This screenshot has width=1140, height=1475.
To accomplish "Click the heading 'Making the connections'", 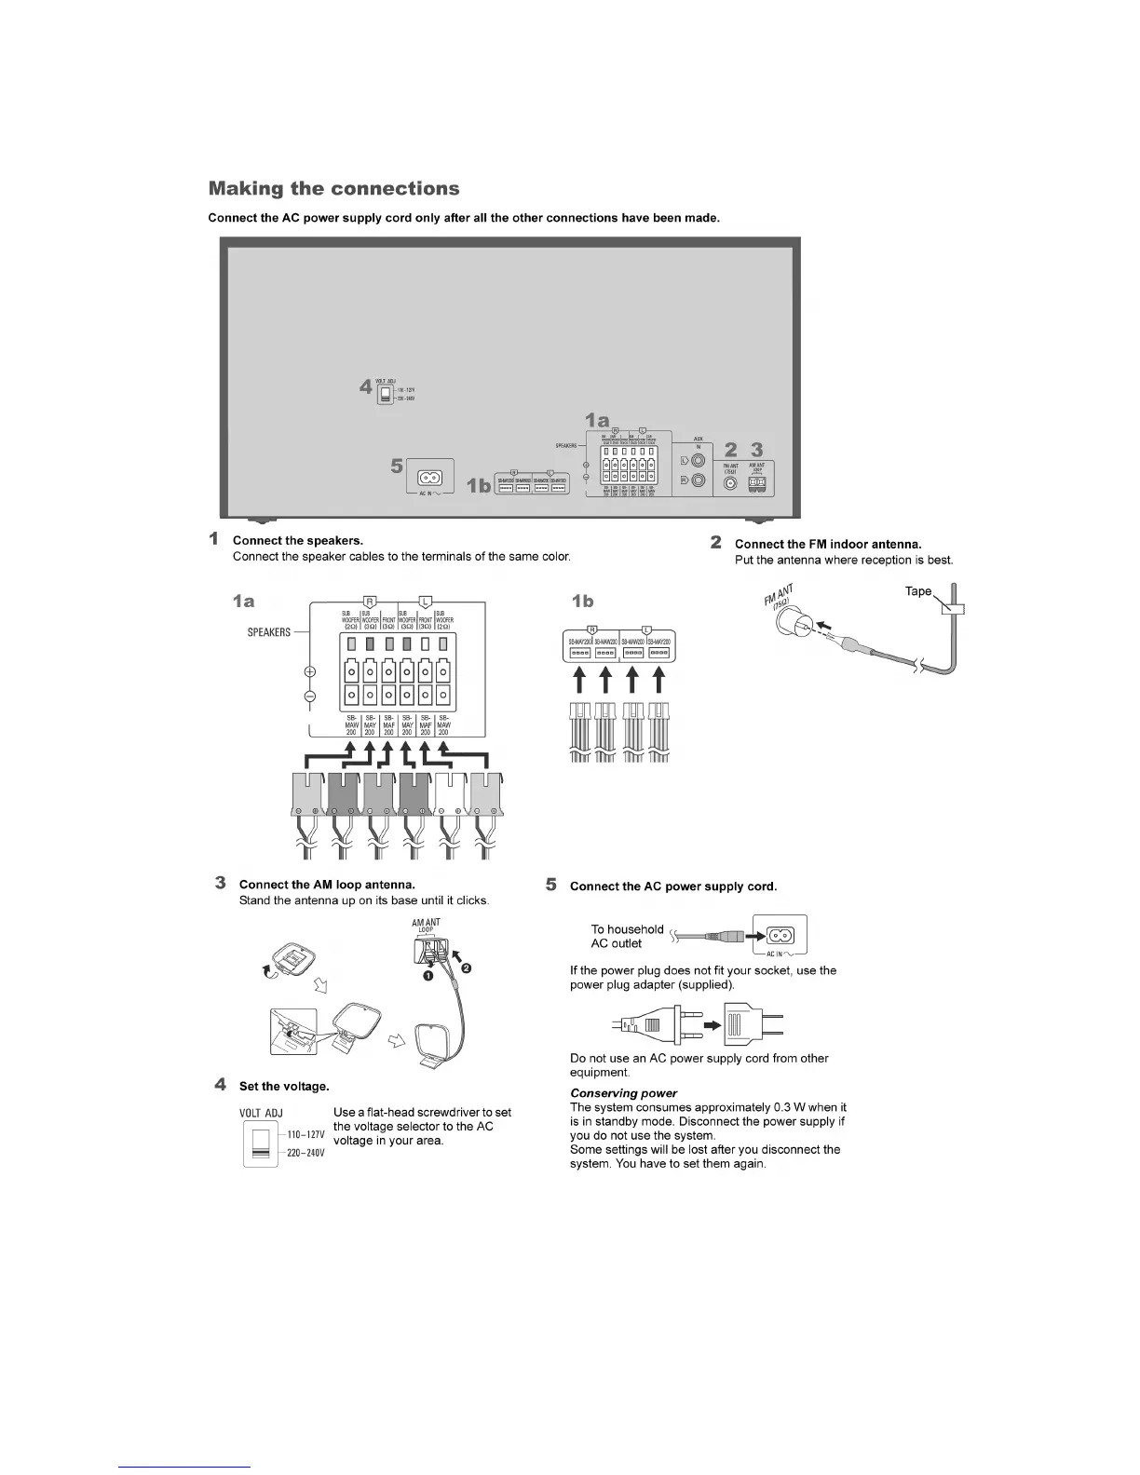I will tap(333, 189).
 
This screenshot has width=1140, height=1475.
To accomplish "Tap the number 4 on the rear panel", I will tap(366, 387).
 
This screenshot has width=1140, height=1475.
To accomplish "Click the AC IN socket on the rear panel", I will tap(429, 479).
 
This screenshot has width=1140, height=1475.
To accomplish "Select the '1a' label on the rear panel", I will tap(598, 420).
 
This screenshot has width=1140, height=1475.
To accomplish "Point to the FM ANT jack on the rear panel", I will tap(730, 484).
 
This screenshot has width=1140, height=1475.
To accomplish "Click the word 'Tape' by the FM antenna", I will tap(918, 591).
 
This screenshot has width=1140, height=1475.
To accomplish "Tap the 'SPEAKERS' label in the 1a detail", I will tap(268, 632).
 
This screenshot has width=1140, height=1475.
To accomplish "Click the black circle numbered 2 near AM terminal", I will tap(466, 969).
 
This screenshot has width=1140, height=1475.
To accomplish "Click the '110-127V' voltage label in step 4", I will tap(305, 1135).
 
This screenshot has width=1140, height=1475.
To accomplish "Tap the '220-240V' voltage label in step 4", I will tap(305, 1153).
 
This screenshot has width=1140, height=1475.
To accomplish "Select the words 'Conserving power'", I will tap(623, 1093).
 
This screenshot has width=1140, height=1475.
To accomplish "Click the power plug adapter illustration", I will tap(752, 1024).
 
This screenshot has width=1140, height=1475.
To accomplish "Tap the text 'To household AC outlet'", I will tap(627, 936).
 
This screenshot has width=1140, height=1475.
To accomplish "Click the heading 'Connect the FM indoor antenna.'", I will tap(828, 544).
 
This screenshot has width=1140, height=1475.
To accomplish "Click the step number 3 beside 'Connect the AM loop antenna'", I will tap(220, 882).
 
